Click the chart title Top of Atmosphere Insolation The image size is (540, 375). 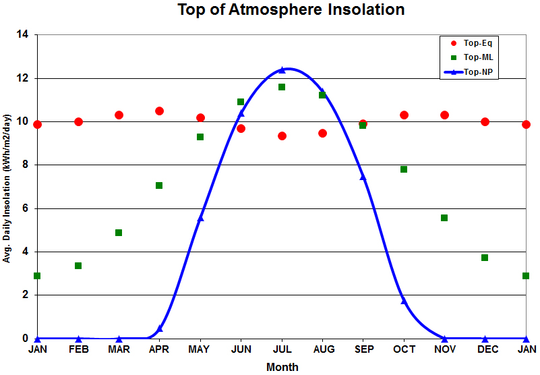click(x=291, y=10)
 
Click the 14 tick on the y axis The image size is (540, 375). click(x=25, y=35)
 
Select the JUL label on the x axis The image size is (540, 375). click(x=282, y=349)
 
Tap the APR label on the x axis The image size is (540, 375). click(x=159, y=349)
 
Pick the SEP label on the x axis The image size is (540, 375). click(x=363, y=349)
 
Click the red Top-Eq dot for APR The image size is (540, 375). click(x=159, y=111)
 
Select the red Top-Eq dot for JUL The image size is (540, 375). click(x=282, y=136)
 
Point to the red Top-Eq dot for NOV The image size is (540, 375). click(x=444, y=115)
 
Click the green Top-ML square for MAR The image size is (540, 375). click(x=119, y=233)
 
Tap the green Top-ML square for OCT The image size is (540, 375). click(x=404, y=169)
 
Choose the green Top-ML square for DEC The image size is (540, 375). click(x=485, y=258)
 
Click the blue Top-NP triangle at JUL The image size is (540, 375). click(x=282, y=70)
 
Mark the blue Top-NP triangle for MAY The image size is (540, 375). click(x=200, y=218)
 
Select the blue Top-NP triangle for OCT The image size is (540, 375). click(x=404, y=301)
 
